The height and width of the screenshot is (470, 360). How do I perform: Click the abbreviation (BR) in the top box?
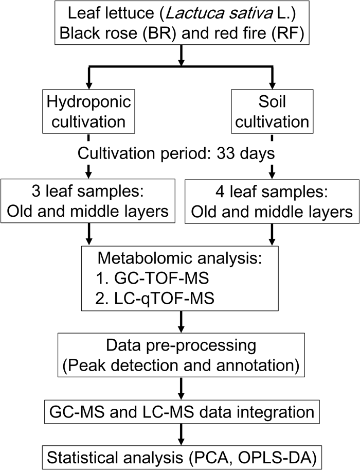point(179,35)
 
